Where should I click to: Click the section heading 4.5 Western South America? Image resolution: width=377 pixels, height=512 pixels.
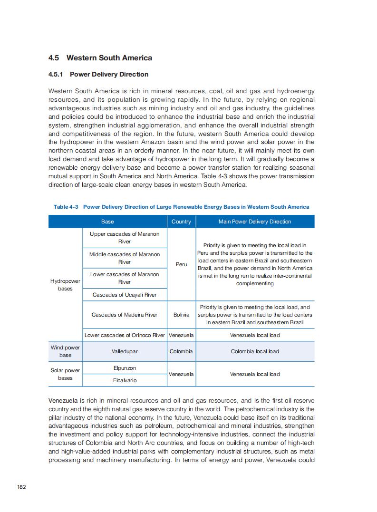pos(100,58)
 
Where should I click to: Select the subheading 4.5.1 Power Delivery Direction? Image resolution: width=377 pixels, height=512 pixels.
pos(98,74)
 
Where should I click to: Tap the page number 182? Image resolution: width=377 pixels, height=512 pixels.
pos(21,487)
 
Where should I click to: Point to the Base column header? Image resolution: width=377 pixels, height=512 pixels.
pos(107,222)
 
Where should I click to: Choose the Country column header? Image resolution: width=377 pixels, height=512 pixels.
pos(181,222)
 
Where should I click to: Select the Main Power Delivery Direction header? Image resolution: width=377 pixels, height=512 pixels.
pos(255,222)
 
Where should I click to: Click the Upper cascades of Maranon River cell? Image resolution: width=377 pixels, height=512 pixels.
pos(125,238)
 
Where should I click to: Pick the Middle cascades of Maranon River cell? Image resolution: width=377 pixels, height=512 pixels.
pos(125,258)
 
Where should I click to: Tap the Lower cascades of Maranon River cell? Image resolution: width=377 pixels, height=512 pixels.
pos(125,278)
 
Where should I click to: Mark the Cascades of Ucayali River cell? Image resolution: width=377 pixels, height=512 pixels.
pos(125,295)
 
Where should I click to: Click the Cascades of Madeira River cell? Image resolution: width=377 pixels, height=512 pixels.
pos(125,315)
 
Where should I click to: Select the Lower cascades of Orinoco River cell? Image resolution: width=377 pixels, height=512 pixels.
pos(125,335)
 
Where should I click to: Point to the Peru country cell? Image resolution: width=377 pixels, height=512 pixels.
pos(181,264)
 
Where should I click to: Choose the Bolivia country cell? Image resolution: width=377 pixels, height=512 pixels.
pos(181,315)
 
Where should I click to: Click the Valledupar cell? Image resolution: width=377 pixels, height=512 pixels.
pos(125,351)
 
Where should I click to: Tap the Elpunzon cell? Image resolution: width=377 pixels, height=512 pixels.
pos(125,368)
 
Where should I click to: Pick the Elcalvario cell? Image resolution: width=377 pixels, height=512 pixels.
pos(125,380)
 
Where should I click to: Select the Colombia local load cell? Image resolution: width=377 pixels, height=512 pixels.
pos(255,351)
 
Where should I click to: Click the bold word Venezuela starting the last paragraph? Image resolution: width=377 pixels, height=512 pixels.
pos(63,401)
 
